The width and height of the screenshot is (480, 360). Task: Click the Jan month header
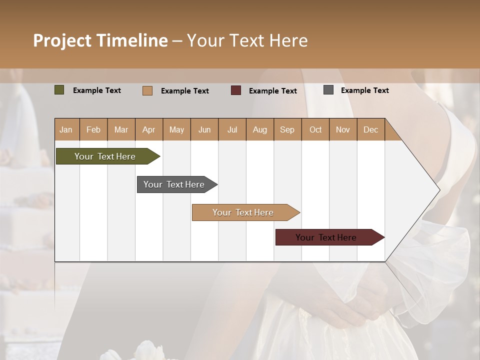coord(66,129)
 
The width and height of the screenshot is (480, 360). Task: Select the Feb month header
coord(93,129)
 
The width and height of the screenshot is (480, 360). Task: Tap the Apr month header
coord(148,129)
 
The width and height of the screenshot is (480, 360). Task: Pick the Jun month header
coord(204,129)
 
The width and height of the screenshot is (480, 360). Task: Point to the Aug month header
coord(259,129)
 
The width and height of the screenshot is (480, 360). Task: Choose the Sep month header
coord(287,129)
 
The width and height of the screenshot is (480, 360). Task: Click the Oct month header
coord(315,129)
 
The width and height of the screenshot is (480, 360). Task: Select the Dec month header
coord(370,129)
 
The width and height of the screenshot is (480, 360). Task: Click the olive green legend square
coord(59,90)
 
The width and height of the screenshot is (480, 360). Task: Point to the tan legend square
coord(147,90)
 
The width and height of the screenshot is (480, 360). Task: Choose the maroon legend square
coord(236,90)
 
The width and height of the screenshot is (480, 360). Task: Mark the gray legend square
coord(328,90)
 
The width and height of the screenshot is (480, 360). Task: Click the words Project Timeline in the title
coord(100,40)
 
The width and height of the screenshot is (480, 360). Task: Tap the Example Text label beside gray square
coord(364,90)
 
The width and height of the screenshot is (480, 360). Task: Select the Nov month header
coord(343,129)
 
